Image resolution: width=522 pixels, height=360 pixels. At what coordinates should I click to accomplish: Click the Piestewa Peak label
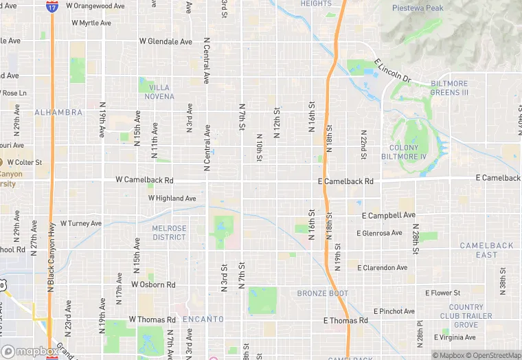click(418, 8)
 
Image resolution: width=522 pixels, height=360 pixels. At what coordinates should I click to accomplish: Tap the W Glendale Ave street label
click(166, 41)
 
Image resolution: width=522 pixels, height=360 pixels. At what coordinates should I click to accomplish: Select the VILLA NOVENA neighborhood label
click(158, 92)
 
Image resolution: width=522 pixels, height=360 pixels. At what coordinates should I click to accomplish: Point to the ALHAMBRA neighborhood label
click(58, 112)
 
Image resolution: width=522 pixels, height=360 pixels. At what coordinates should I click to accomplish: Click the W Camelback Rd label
click(144, 180)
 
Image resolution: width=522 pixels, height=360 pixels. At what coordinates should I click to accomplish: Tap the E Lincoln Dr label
click(392, 71)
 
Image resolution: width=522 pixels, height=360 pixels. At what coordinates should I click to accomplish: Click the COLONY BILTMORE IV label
click(408, 152)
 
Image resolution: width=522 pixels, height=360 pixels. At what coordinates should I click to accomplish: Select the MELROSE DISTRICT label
click(169, 233)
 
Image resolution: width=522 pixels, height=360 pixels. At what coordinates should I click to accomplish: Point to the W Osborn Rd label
click(153, 284)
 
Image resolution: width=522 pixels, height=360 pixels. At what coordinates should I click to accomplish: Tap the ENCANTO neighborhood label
click(203, 319)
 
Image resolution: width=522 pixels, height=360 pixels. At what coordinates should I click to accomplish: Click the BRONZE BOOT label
click(323, 293)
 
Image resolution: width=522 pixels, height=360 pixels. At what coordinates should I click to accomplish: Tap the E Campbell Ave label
click(389, 215)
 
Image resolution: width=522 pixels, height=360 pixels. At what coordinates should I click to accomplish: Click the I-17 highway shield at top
click(52, 7)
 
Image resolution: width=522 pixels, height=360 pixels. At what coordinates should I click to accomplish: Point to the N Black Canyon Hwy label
click(50, 256)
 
